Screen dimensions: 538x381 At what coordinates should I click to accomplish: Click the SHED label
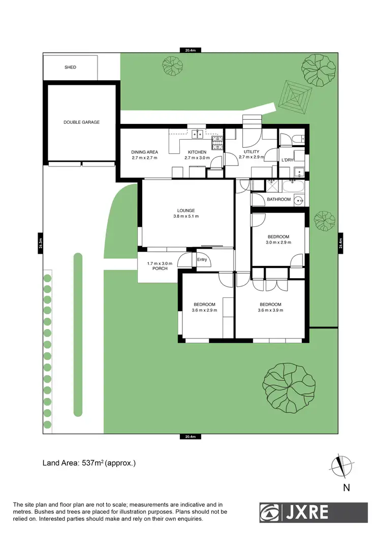click(70, 67)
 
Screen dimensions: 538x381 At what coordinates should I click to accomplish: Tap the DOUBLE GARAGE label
click(81, 122)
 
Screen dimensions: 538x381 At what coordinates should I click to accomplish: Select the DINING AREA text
click(145, 152)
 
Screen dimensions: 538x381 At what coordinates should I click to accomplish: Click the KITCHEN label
click(197, 152)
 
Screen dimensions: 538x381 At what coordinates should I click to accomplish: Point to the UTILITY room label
click(251, 152)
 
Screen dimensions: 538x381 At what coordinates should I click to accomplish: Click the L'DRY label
click(288, 160)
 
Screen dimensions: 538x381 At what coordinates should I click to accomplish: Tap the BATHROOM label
click(279, 199)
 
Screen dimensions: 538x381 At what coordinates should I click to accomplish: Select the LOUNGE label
click(186, 211)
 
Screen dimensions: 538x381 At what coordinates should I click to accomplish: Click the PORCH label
click(160, 268)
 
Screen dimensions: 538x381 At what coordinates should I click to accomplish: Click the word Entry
click(203, 260)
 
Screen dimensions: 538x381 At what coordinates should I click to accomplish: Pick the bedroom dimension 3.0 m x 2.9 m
click(278, 243)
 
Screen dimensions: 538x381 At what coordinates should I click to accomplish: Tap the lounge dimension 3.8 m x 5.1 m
click(186, 217)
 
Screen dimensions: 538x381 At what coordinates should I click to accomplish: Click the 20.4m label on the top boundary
click(190, 50)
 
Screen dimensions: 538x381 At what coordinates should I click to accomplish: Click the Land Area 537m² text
click(88, 463)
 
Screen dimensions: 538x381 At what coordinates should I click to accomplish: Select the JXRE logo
click(313, 513)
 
